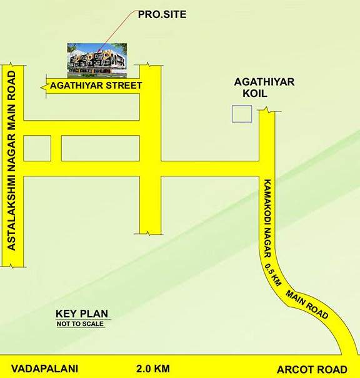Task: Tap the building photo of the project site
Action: pyautogui.click(x=97, y=58)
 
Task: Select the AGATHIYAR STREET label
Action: pyautogui.click(x=97, y=85)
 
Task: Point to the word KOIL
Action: pyautogui.click(x=254, y=93)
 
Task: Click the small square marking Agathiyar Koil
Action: pyautogui.click(x=241, y=114)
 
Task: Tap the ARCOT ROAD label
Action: pyautogui.click(x=320, y=369)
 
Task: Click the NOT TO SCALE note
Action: pyautogui.click(x=81, y=324)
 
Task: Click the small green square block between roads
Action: pyautogui.click(x=37, y=148)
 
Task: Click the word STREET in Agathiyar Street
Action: pyautogui.click(x=124, y=85)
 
